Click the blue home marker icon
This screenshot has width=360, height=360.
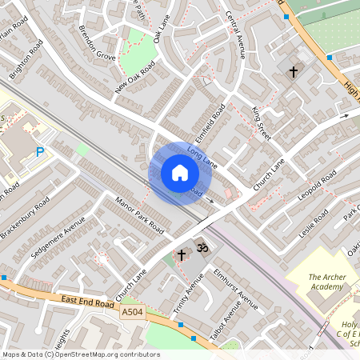pos(180,173)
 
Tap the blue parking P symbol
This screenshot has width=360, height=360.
pos(40,151)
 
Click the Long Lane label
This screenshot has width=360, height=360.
pos(202,155)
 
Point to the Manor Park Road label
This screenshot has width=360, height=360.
pos(139,215)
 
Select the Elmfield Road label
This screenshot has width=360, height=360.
pos(210,121)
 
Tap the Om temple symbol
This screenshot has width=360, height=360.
pos(202,249)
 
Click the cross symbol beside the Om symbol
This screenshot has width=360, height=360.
pos(182,255)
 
